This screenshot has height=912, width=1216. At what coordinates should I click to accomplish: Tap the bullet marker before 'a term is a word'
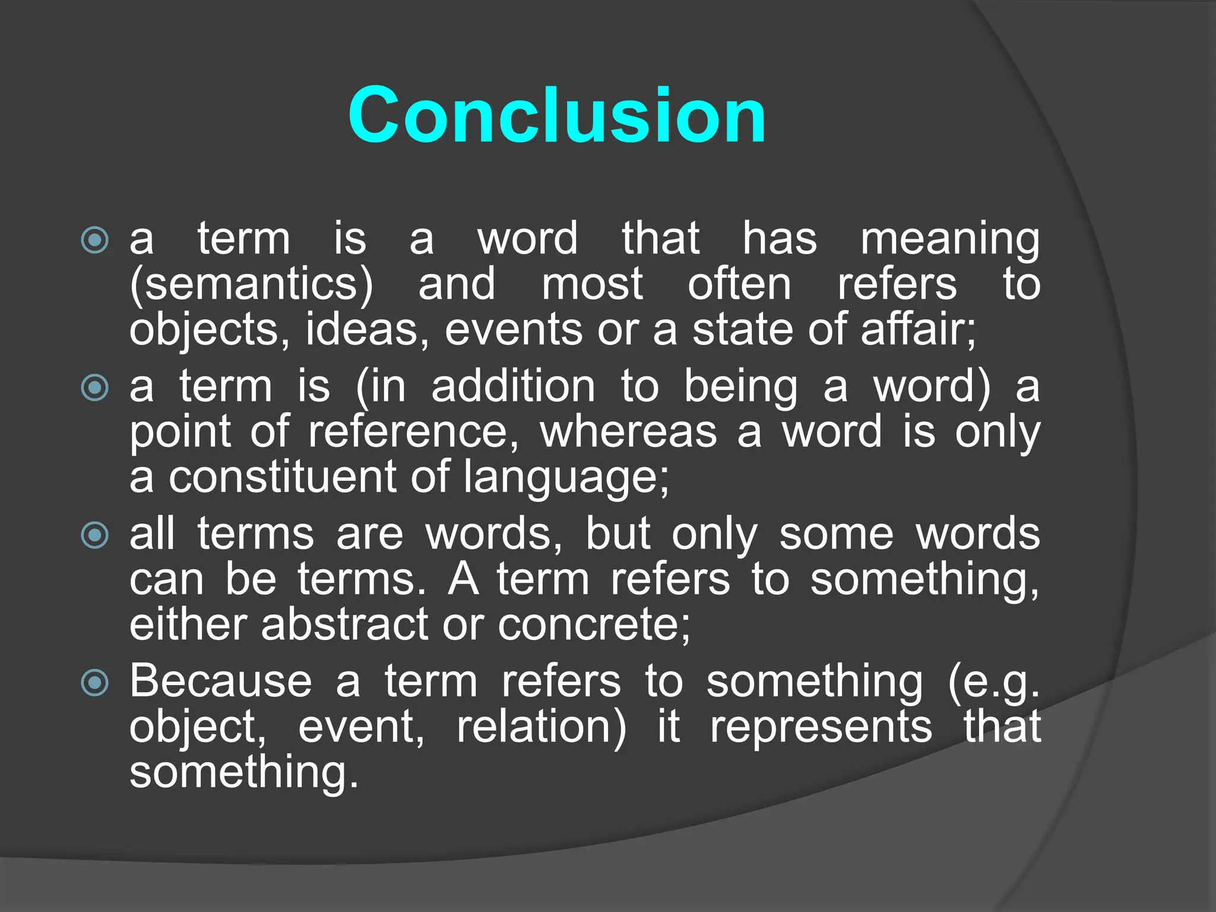coord(95,240)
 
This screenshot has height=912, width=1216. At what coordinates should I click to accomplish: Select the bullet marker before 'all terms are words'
coord(95,536)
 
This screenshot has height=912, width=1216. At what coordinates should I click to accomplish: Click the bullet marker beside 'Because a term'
coord(95,683)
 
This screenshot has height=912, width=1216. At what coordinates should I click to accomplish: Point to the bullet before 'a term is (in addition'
coord(95,388)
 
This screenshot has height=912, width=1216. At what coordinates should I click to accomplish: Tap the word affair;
coord(919,330)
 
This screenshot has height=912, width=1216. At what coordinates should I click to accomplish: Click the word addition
coord(513,387)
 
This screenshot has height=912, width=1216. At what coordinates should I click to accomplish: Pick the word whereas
coord(628,432)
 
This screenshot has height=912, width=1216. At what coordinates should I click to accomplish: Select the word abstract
coord(344,625)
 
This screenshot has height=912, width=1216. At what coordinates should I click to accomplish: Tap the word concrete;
coord(594,625)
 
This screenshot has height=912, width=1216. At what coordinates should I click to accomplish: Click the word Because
coord(221,682)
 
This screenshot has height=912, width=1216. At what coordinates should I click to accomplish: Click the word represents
coord(821,728)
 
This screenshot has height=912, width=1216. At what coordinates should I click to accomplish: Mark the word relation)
coord(541,728)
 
